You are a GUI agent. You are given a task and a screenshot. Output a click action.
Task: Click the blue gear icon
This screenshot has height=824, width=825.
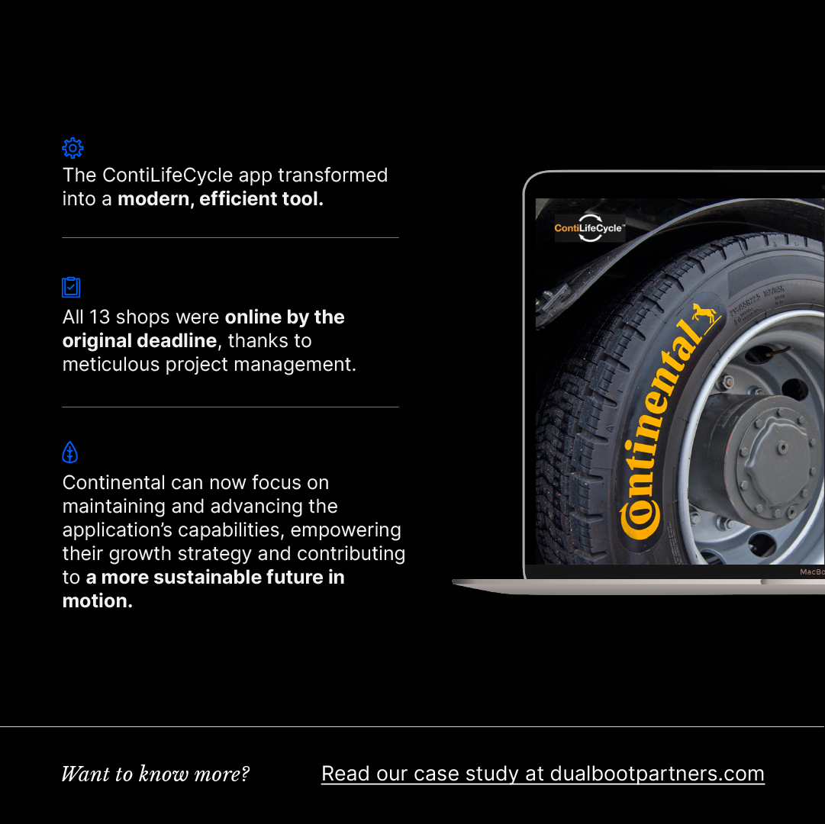(73, 148)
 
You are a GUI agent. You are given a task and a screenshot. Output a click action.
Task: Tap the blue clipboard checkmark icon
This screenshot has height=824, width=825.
(71, 287)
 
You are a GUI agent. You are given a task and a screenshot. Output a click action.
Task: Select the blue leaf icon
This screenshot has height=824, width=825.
(70, 452)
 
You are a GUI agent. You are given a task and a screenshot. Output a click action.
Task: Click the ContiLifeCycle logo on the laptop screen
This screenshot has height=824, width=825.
(589, 228)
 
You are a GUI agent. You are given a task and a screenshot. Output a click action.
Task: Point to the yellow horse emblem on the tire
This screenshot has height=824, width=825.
(705, 314)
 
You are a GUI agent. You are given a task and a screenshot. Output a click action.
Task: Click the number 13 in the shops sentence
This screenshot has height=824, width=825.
(99, 317)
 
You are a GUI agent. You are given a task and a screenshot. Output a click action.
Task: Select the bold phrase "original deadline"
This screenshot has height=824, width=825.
(140, 341)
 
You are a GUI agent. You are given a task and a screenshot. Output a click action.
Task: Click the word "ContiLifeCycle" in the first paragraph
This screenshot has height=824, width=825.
(167, 175)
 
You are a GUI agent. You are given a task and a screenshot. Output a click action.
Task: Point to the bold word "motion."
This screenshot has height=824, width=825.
(98, 601)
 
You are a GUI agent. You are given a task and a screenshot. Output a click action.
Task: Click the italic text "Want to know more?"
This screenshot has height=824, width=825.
(156, 774)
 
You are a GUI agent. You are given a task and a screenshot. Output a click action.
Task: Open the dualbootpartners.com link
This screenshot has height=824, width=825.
(543, 774)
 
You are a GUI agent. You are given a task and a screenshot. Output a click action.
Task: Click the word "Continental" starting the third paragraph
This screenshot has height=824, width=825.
(114, 483)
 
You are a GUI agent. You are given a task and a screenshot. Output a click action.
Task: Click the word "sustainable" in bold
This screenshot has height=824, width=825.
(208, 578)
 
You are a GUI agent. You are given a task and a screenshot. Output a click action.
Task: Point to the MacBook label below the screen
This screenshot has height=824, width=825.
(810, 571)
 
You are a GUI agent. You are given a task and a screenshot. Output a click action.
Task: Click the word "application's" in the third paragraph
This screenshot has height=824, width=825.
(117, 530)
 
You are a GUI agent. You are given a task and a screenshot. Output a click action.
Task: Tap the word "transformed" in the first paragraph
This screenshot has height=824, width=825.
(333, 175)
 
